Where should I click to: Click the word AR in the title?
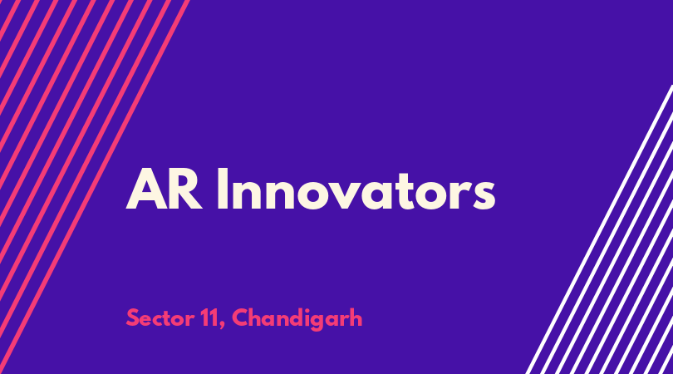tap(164, 189)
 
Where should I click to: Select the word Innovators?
tap(356, 189)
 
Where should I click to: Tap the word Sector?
tap(160, 318)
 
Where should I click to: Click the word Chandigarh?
tap(297, 319)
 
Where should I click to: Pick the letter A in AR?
tap(146, 189)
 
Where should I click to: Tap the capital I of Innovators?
tap(223, 189)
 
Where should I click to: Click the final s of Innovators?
tap(484, 195)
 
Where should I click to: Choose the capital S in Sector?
tap(133, 318)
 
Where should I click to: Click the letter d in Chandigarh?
tap(297, 318)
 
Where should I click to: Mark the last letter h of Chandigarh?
tap(356, 318)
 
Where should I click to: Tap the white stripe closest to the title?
tap(599, 229)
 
